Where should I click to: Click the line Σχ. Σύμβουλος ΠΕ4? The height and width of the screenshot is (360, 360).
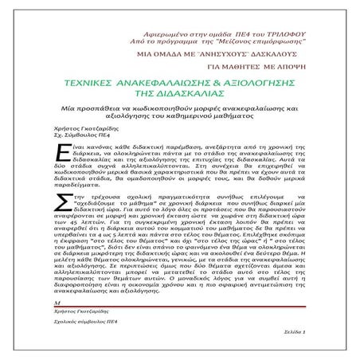(83, 138)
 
